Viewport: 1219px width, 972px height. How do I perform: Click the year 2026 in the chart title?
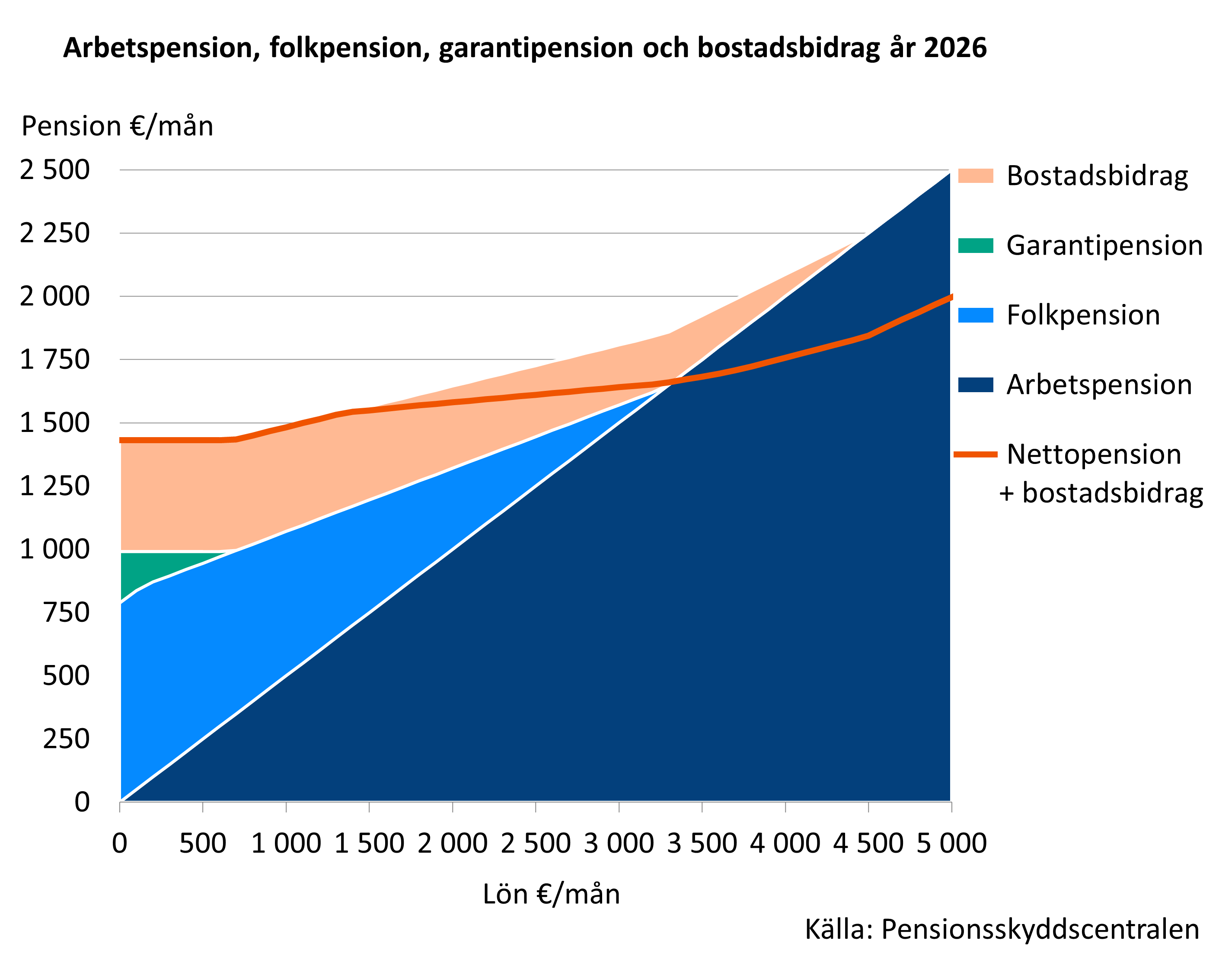pos(955,48)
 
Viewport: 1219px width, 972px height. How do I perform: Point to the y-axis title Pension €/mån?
pos(117,126)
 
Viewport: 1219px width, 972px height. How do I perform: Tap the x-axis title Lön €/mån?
pos(551,894)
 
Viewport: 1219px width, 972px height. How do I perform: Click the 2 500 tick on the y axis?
pos(55,169)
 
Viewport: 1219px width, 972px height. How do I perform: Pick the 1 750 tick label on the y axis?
pos(55,360)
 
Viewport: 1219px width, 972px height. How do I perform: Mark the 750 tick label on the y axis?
pos(66,612)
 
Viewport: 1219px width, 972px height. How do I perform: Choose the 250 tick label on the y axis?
pos(66,739)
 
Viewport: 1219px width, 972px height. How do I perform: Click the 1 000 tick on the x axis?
pos(286,844)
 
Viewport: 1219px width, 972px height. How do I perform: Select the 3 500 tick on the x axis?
pos(702,844)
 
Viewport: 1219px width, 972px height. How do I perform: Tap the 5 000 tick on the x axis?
pos(951,844)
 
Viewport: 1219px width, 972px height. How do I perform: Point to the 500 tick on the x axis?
pos(203,844)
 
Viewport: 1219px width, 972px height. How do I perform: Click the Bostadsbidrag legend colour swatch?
pos(975,176)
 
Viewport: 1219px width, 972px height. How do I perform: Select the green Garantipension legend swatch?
pos(975,246)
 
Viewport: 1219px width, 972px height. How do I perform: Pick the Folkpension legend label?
pos(1083,315)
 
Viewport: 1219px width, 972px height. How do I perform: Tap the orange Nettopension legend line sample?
pos(975,454)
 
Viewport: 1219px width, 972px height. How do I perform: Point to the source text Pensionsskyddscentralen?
pos(1040,930)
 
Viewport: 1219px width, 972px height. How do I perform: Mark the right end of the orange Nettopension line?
pos(951,297)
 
